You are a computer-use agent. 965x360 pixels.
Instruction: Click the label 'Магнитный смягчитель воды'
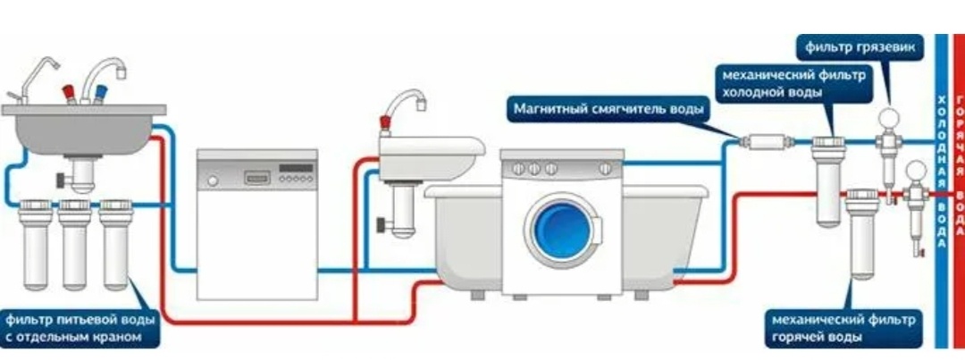608,109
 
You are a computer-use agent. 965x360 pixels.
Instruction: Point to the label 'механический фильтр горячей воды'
841,328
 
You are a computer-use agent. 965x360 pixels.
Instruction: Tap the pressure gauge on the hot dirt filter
915,167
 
